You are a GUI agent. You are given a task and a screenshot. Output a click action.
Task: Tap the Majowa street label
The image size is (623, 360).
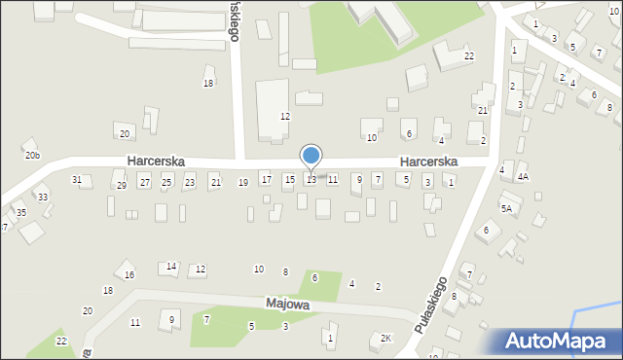click(x=288, y=305)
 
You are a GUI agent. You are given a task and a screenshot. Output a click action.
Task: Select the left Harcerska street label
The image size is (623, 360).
click(x=156, y=161)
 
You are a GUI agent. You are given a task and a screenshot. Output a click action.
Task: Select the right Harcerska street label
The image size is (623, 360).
click(x=428, y=161)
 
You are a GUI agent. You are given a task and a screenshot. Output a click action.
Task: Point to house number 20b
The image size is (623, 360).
click(x=32, y=156)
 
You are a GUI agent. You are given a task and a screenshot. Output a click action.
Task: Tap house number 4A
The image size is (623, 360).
click(x=523, y=177)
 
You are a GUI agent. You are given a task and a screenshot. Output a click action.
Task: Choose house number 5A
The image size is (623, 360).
click(x=506, y=208)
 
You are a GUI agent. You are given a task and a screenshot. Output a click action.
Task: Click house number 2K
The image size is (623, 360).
click(x=385, y=339)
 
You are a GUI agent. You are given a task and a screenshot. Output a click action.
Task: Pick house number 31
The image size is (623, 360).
click(x=77, y=180)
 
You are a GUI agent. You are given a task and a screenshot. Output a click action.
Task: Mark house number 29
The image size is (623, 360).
click(x=121, y=185)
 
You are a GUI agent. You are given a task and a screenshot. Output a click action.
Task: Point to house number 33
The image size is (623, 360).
click(x=43, y=198)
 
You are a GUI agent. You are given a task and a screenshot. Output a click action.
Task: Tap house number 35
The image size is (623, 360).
click(x=21, y=212)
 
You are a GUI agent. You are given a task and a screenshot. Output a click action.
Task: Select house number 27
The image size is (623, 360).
click(x=144, y=182)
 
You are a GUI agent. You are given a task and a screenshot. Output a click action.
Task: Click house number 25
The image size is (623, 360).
click(x=166, y=182)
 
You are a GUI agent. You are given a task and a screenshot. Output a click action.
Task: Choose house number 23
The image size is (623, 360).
click(x=189, y=182)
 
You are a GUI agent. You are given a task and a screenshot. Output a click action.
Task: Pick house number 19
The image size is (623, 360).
click(x=242, y=183)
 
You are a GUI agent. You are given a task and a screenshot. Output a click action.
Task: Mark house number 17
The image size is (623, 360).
click(x=266, y=180)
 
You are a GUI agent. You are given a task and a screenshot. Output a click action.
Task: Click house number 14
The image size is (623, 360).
click(x=171, y=267)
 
